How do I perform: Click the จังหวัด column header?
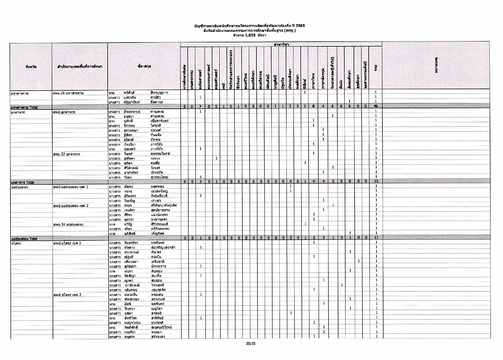pyautogui.click(x=31, y=67)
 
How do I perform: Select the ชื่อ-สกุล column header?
pyautogui.click(x=144, y=66)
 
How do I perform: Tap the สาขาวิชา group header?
pyautogui.click(x=280, y=44)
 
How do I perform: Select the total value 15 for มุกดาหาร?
pyautogui.click(x=376, y=181)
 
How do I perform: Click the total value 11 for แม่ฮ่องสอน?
pyautogui.click(x=376, y=238)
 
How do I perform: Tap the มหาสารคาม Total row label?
pyautogui.click(x=24, y=107)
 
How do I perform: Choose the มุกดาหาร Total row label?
pyautogui.click(x=23, y=182)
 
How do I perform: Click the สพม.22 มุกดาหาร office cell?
pyautogui.click(x=67, y=154)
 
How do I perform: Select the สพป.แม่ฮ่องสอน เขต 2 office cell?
pyautogui.click(x=71, y=206)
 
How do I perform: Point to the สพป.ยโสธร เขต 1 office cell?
pyautogui.click(x=67, y=243)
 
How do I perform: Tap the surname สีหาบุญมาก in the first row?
pyautogui.click(x=159, y=93)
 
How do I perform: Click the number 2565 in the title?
pyautogui.click(x=299, y=26)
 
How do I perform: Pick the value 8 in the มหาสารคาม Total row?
pyautogui.click(x=314, y=106)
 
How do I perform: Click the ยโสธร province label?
pyautogui.click(x=16, y=243)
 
